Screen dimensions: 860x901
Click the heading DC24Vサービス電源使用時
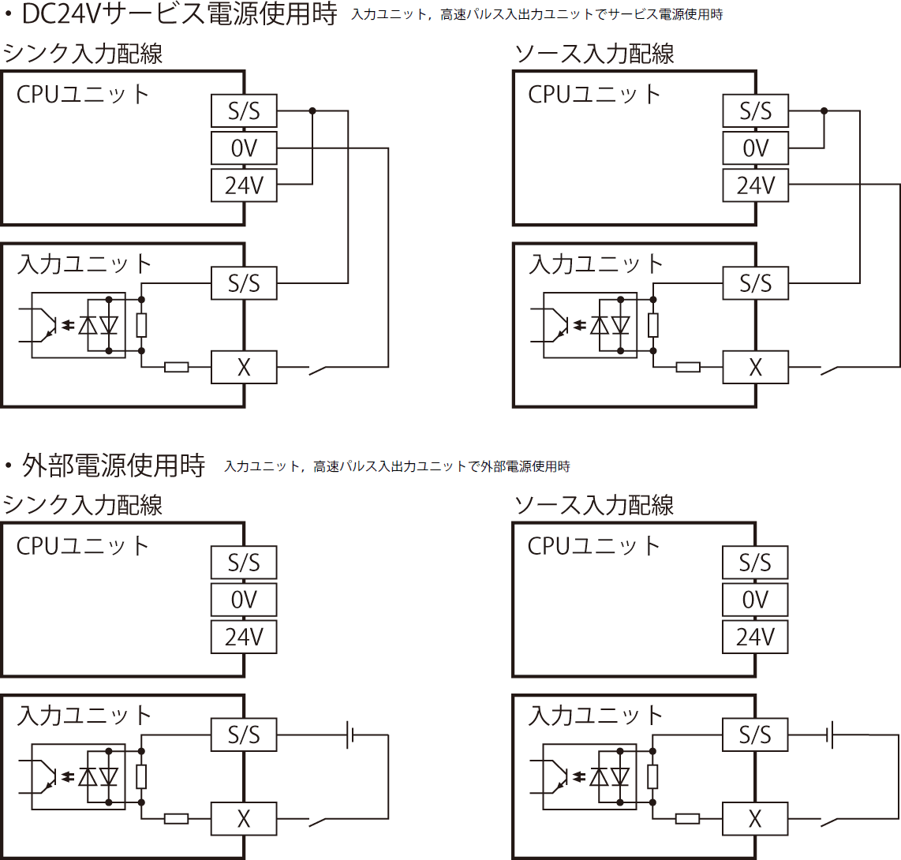click(x=180, y=14)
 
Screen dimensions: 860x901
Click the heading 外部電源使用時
click(x=114, y=466)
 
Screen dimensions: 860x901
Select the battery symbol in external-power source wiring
click(x=829, y=735)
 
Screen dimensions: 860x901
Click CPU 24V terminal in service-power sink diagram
click(x=244, y=185)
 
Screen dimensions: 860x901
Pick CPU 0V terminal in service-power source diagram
click(x=755, y=148)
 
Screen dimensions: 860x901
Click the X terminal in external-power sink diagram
click(x=244, y=819)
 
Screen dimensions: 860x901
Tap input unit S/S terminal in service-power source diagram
click(x=755, y=283)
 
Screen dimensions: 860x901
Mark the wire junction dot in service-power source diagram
click(x=824, y=110)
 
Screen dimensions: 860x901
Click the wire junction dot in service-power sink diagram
click(x=312, y=110)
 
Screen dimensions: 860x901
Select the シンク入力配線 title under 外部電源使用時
click(x=83, y=505)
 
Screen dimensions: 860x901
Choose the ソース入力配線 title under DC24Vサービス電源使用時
click(x=594, y=54)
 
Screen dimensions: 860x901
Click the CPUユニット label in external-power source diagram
click(x=594, y=546)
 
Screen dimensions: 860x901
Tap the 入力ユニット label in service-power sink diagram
click(x=84, y=264)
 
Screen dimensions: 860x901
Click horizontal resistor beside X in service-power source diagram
click(x=688, y=367)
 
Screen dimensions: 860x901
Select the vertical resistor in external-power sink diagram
click(x=141, y=777)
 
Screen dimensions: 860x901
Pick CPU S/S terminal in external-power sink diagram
click(x=244, y=563)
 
